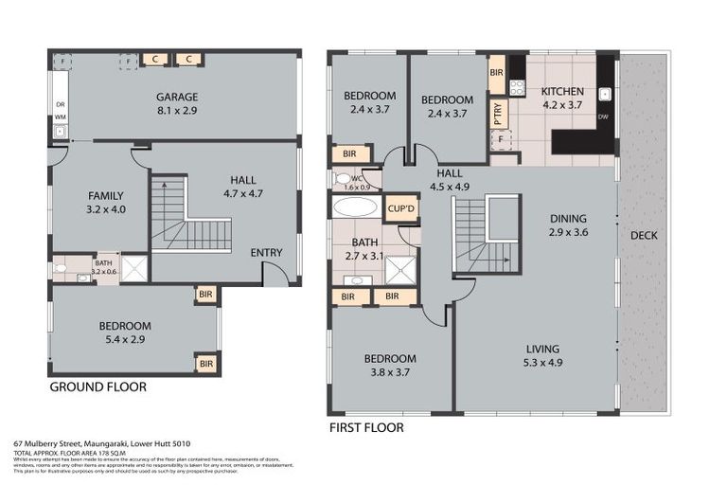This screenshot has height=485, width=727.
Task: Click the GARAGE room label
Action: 176,97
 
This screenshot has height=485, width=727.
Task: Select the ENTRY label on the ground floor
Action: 266,253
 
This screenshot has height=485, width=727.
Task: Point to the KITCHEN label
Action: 562,92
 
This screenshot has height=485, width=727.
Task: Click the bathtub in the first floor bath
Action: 355,208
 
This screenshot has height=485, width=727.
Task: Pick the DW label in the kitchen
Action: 603,117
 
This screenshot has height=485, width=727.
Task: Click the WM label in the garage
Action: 59,117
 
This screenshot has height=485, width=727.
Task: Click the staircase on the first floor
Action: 487,236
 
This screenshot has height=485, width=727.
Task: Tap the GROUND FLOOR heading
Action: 98,387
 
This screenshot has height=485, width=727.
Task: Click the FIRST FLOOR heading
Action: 365,428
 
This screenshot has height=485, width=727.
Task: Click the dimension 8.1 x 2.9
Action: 176,111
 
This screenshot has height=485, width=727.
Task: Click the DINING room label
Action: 568,218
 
